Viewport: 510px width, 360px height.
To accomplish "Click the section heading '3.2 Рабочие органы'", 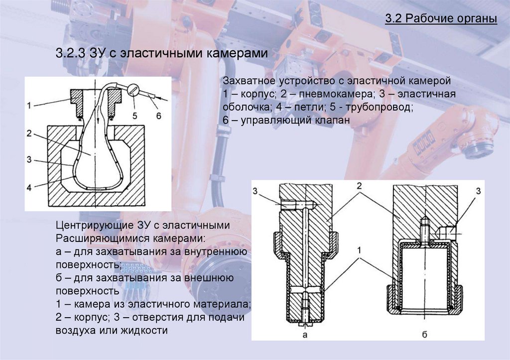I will coord(441,19).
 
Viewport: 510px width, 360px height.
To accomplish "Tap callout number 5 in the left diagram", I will coord(134,115).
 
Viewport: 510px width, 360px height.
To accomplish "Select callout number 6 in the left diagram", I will coord(158,115).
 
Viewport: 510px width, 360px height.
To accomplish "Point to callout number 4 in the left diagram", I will coord(29,188).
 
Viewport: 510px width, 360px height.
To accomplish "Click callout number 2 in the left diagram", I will coord(29,133).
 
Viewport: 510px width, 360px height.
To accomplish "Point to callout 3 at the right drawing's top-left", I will coord(256,191).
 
